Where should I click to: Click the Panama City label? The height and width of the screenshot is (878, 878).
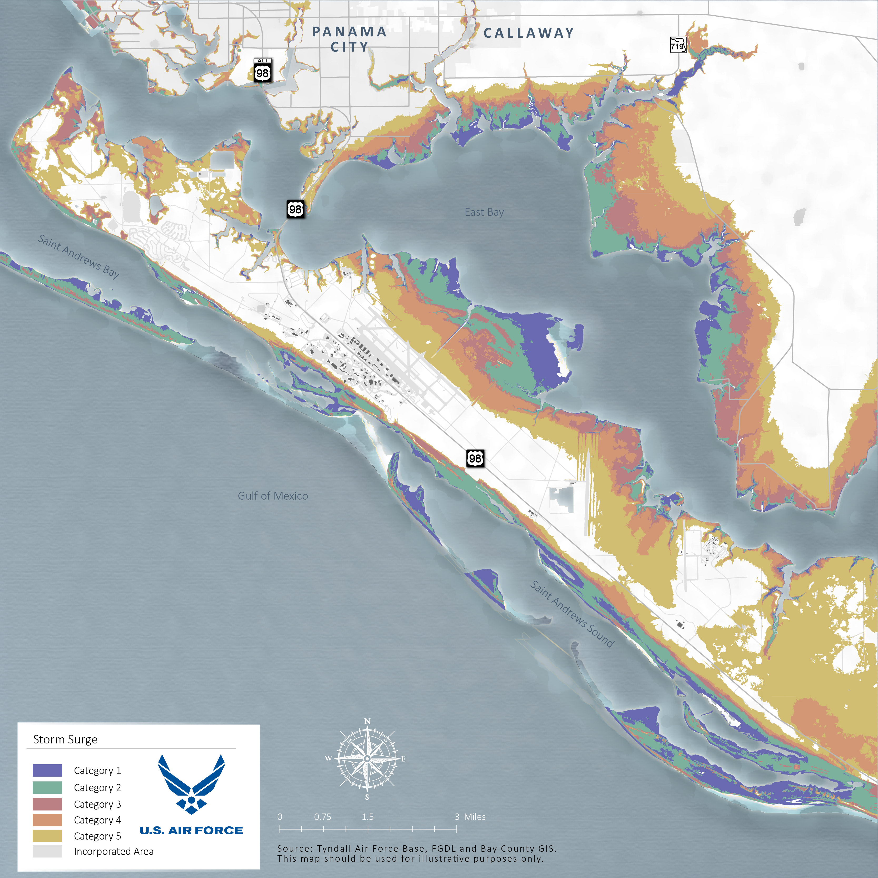349,39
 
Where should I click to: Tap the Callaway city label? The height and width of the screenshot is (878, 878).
529,33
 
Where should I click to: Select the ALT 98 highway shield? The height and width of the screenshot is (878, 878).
263,70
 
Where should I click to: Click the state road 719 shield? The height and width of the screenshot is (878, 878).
678,45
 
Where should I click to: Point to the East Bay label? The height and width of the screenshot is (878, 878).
484,212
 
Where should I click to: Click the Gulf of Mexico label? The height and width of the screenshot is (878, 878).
273,496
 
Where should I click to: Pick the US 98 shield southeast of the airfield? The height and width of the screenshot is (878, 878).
475,458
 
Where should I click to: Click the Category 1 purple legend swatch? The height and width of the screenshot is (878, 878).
47,770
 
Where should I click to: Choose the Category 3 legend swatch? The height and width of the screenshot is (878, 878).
47,804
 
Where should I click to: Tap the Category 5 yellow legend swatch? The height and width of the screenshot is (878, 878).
47,836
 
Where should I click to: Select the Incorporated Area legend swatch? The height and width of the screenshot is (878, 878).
47,851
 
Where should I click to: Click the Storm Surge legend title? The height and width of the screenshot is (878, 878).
65,739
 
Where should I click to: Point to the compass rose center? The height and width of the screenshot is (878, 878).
367,758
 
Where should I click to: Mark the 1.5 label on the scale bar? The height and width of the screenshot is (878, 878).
368,817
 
